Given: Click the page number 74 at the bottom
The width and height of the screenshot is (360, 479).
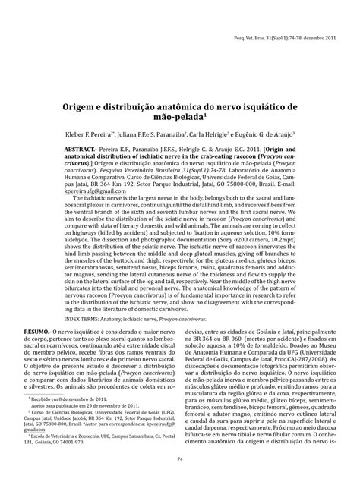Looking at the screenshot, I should click(x=180, y=459).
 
